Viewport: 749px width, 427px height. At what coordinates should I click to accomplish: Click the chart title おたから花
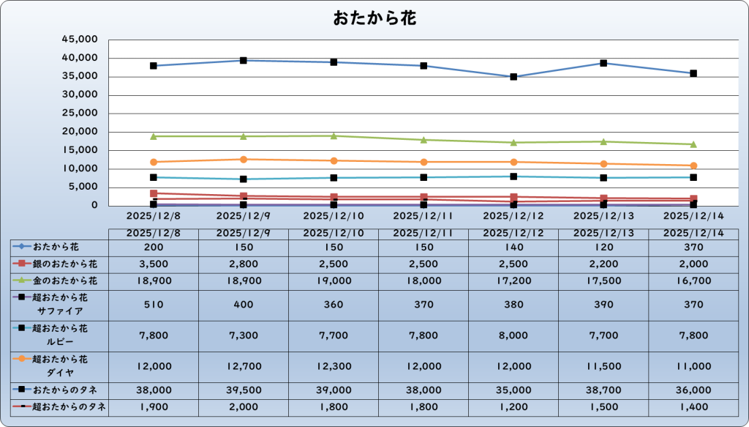click(374, 18)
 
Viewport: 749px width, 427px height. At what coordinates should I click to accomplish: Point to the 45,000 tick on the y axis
click(82, 40)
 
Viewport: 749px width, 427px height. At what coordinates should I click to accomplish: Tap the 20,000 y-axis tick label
click(82, 132)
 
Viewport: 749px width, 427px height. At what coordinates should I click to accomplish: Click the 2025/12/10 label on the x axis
click(334, 216)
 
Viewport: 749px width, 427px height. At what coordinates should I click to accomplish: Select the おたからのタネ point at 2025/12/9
click(244, 60)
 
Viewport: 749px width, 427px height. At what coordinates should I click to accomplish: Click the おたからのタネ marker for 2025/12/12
click(513, 77)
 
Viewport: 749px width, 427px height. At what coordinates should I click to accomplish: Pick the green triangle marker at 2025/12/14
click(693, 144)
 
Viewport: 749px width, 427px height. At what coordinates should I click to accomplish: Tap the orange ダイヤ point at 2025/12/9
click(244, 159)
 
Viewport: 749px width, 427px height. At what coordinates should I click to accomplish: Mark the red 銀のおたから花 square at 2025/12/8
click(154, 193)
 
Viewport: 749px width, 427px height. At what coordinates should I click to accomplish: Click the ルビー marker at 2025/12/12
click(513, 177)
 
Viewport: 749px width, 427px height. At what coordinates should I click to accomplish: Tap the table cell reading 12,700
click(244, 365)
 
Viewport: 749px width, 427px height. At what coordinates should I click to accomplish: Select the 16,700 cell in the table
click(693, 281)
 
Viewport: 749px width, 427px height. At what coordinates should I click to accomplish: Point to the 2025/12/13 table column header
click(603, 232)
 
